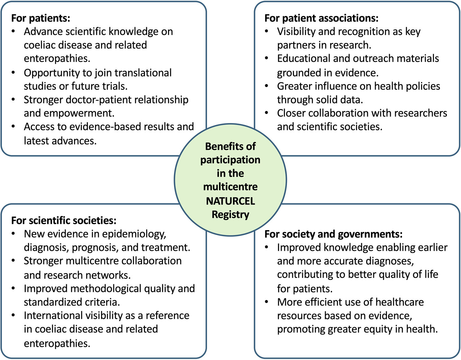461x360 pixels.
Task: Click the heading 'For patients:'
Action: (x=41, y=18)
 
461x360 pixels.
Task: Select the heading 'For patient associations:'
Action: (x=321, y=18)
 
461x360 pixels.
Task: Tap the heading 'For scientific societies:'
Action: (x=64, y=221)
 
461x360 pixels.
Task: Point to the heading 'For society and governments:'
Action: (x=333, y=234)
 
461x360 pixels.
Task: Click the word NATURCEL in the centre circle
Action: (x=230, y=201)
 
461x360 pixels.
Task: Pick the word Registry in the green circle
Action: (x=230, y=215)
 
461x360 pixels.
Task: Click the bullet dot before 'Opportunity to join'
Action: (x=13, y=73)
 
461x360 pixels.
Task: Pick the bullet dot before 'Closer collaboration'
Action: (x=267, y=113)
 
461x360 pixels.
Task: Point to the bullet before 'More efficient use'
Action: (x=267, y=302)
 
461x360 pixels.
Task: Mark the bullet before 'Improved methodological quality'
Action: (x=13, y=289)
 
